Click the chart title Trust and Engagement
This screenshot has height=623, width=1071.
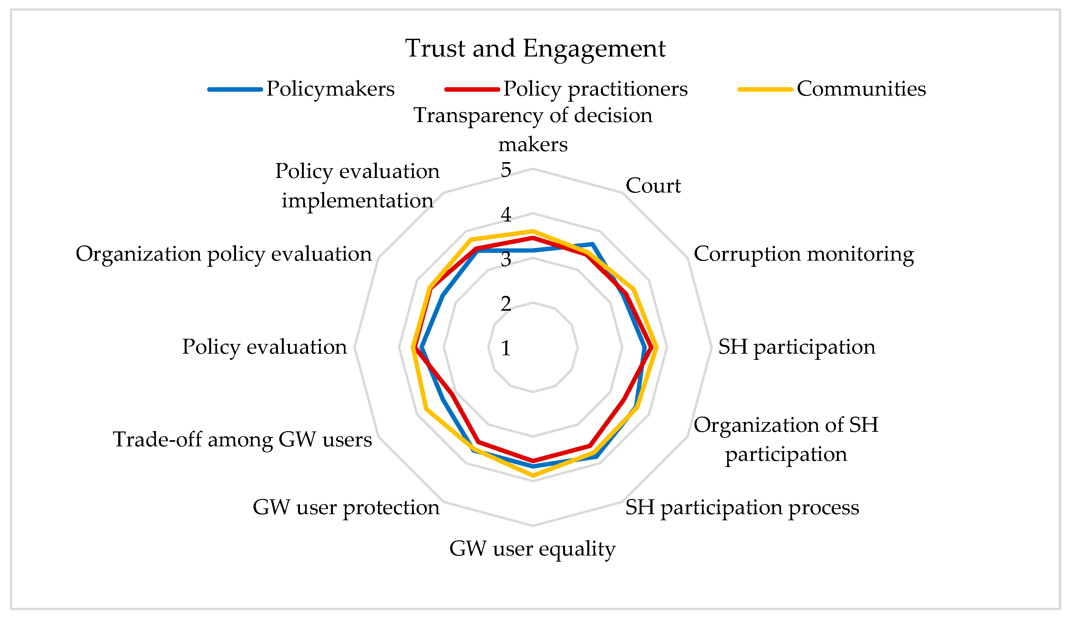[535, 48]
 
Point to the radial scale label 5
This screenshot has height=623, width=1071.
[506, 170]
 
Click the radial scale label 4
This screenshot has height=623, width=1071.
[506, 214]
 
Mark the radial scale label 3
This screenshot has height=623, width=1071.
[506, 259]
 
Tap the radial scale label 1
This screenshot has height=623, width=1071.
[506, 348]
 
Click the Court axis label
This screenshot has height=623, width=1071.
[653, 186]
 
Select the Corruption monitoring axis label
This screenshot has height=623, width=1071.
[804, 254]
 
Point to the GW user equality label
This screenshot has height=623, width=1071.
[532, 549]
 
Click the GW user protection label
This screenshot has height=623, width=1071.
[346, 507]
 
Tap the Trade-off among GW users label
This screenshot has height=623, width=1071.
[242, 440]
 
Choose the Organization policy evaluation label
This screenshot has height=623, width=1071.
[223, 254]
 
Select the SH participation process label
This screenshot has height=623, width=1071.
[742, 507]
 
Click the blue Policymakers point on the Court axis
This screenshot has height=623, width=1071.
[592, 244]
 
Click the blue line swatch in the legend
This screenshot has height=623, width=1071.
[235, 89]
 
